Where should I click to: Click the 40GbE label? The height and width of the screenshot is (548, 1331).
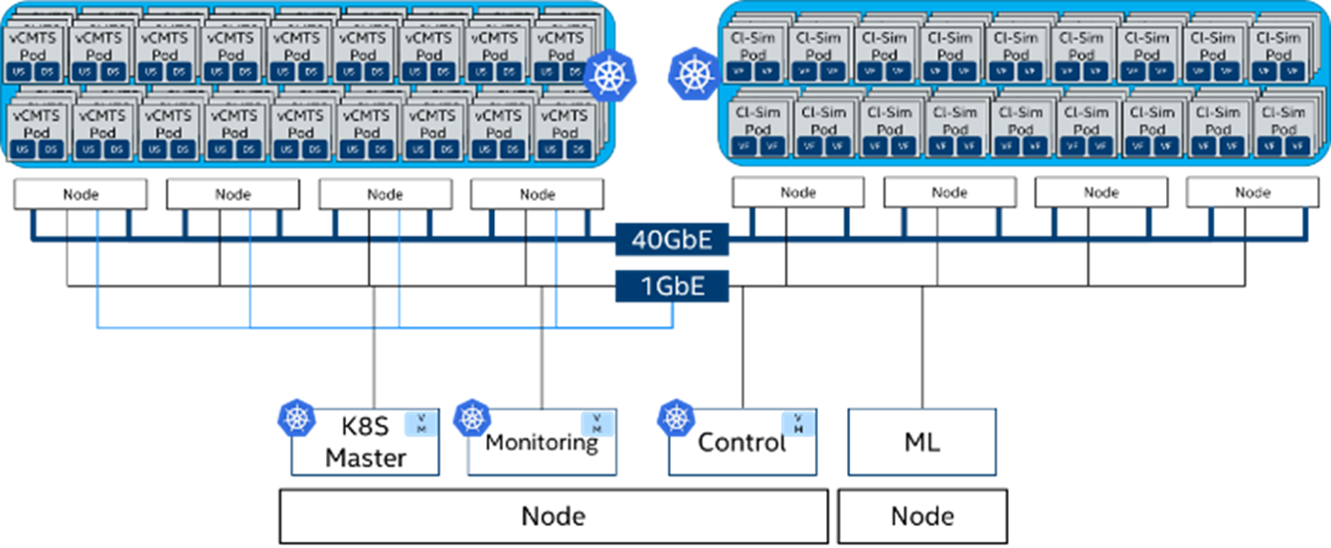tap(672, 241)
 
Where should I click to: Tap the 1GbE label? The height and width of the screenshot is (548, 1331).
tap(672, 286)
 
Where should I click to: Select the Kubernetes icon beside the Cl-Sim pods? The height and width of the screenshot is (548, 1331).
tap(693, 73)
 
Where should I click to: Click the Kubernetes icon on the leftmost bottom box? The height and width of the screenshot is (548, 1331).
tap(295, 419)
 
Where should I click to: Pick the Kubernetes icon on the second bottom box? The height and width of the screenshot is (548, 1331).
tap(471, 419)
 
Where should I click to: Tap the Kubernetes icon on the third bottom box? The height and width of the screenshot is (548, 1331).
tap(676, 419)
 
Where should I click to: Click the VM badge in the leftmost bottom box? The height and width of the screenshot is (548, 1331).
tap(419, 424)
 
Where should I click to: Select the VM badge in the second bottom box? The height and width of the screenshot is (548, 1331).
tap(596, 424)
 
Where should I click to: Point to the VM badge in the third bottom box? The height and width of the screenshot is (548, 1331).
tap(797, 424)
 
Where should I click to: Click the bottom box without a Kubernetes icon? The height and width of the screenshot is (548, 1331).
tap(921, 442)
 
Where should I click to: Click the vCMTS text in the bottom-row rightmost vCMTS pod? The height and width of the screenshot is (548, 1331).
tap(562, 115)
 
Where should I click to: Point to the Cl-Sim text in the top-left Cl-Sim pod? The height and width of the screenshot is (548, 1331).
tap(752, 39)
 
